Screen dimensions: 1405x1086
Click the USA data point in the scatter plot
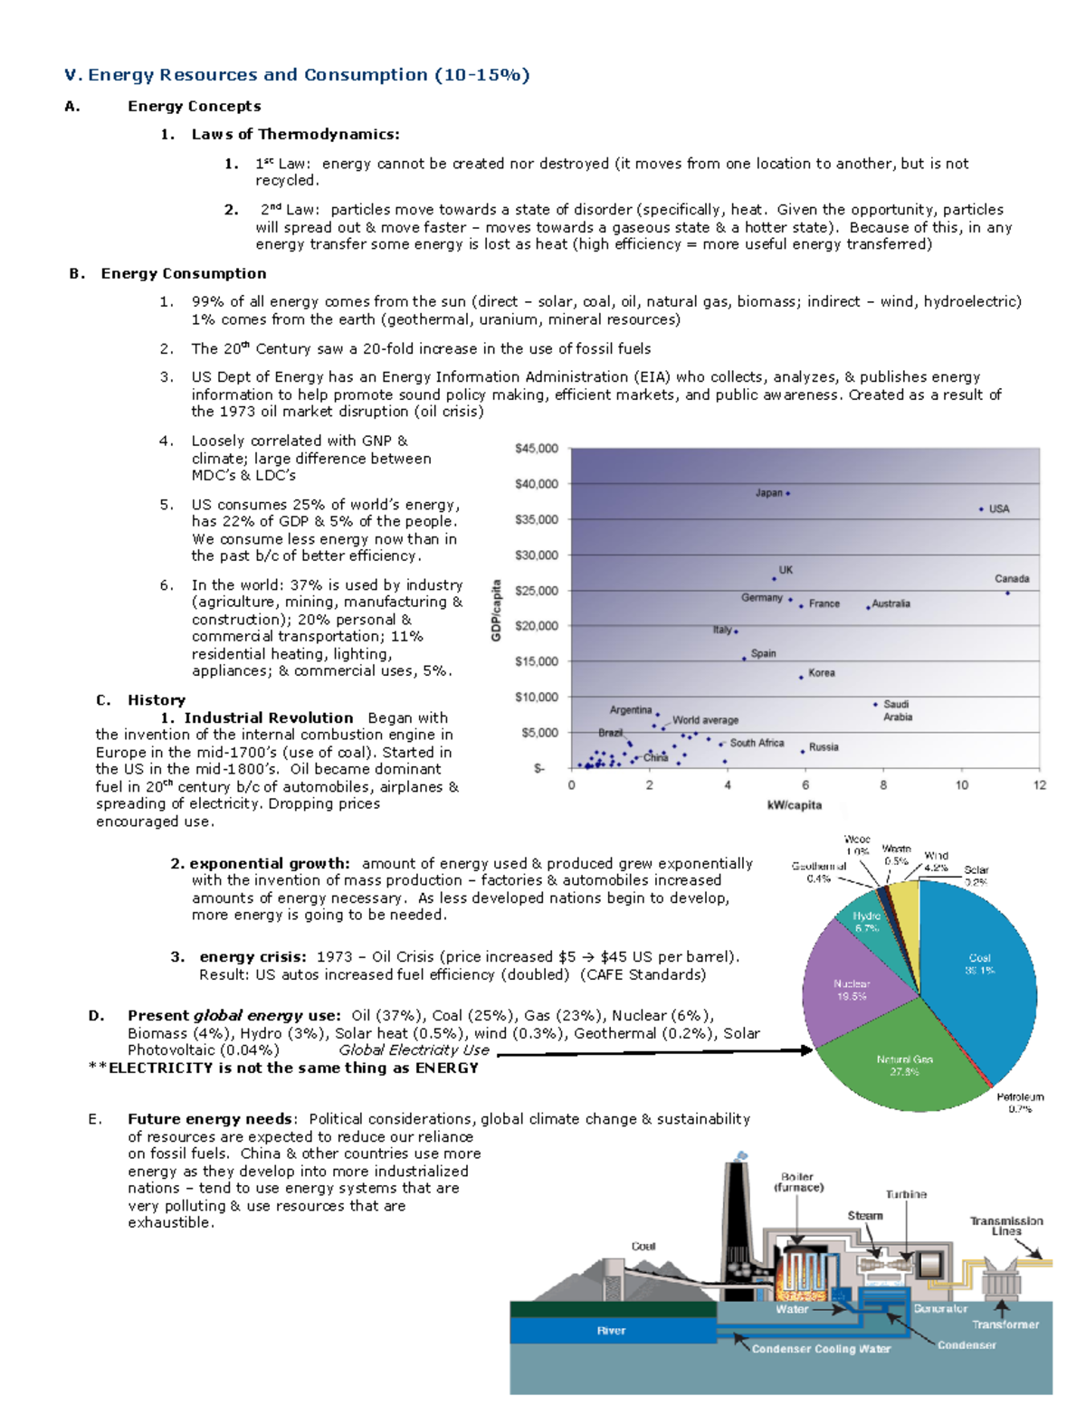tap(981, 509)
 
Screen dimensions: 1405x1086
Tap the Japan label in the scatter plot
tap(768, 493)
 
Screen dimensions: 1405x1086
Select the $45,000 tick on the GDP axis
tap(537, 449)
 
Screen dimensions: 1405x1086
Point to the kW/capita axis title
tap(794, 805)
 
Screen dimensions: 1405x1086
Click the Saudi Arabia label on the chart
tap(897, 710)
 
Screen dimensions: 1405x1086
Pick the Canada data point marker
tap(1007, 593)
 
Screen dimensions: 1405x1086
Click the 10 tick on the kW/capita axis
tap(961, 785)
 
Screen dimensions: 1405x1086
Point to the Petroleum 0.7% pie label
tap(1020, 1102)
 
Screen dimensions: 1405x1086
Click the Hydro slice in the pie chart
tap(865, 922)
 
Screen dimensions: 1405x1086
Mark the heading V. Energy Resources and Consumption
tap(297, 75)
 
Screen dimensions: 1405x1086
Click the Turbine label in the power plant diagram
tap(906, 1194)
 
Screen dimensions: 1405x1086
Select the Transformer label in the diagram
tap(1005, 1324)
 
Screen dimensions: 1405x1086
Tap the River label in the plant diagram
tap(611, 1331)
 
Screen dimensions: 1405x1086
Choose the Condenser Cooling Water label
tap(821, 1349)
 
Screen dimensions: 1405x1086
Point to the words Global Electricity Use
tap(414, 1050)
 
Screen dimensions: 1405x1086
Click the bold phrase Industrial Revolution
tap(268, 717)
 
